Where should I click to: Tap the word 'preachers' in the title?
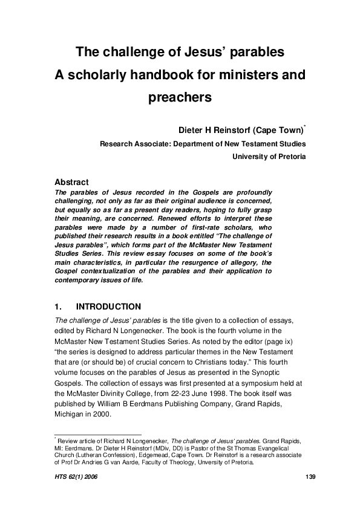click(180, 97)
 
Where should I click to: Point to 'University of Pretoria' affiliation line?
click(269, 156)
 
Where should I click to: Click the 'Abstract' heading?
click(72, 182)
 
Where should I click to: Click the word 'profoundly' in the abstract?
click(249, 192)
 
